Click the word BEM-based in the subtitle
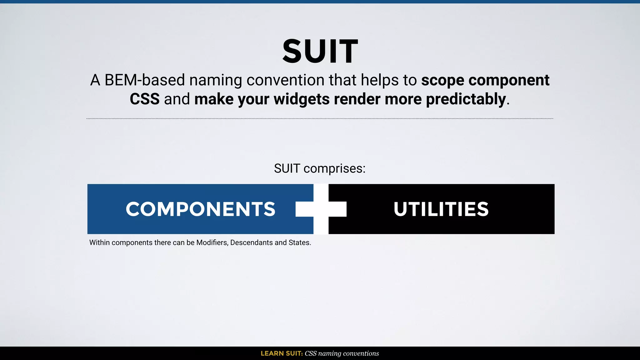[x=145, y=80]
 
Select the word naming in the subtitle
[x=216, y=80]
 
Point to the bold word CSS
[x=144, y=99]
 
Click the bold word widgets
[x=302, y=99]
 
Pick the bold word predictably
[x=466, y=99]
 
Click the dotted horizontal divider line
[x=320, y=119]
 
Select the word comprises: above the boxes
[x=334, y=169]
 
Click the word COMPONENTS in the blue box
[x=200, y=209]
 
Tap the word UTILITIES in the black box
[x=441, y=209]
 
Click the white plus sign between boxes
[x=321, y=209]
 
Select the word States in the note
[x=299, y=243]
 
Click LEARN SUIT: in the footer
[x=282, y=353]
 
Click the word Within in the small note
[x=99, y=243]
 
